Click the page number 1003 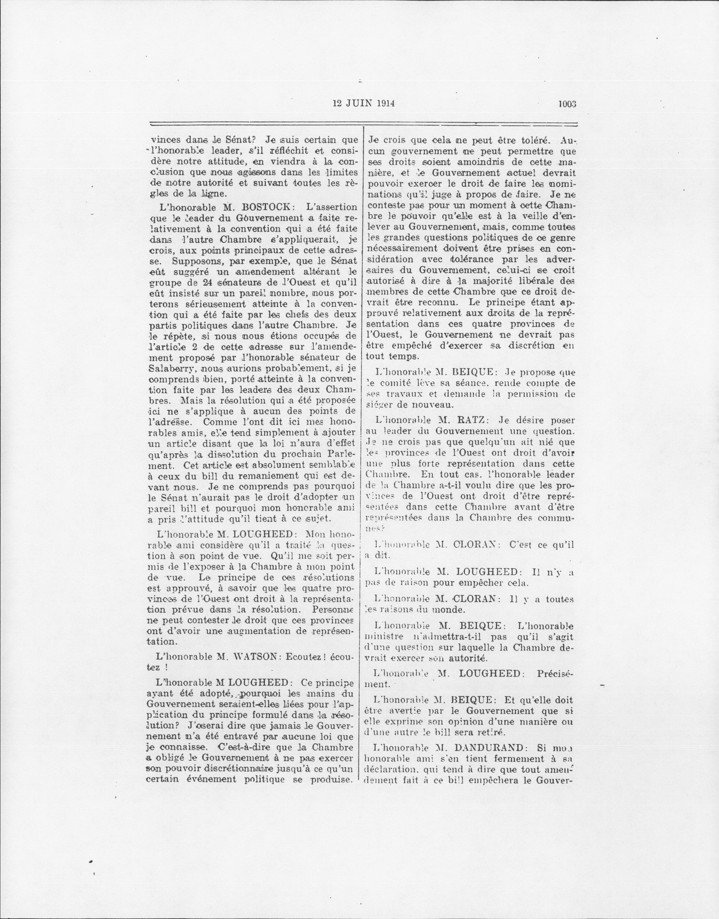click(567, 104)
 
